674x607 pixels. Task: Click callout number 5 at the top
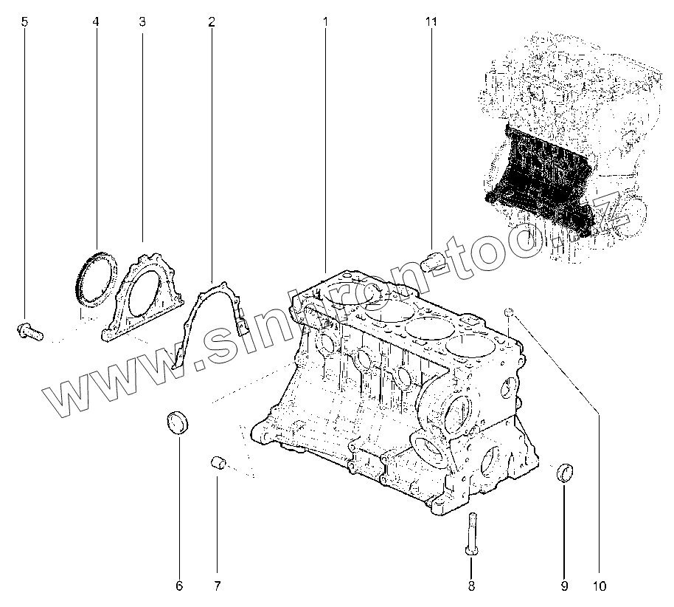24,22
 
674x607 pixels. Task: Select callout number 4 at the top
95,22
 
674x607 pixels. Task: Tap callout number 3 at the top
142,22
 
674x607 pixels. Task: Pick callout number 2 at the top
211,22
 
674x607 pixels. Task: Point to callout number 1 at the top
324,22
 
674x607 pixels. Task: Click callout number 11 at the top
431,22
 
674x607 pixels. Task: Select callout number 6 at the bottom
178,587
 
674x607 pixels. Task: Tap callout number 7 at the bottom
217,587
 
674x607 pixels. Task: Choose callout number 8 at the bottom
471,587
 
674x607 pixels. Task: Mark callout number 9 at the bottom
564,587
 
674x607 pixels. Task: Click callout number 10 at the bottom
599,587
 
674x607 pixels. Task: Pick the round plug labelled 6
178,423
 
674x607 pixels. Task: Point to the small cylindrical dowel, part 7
217,463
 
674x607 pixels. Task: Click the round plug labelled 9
566,472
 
